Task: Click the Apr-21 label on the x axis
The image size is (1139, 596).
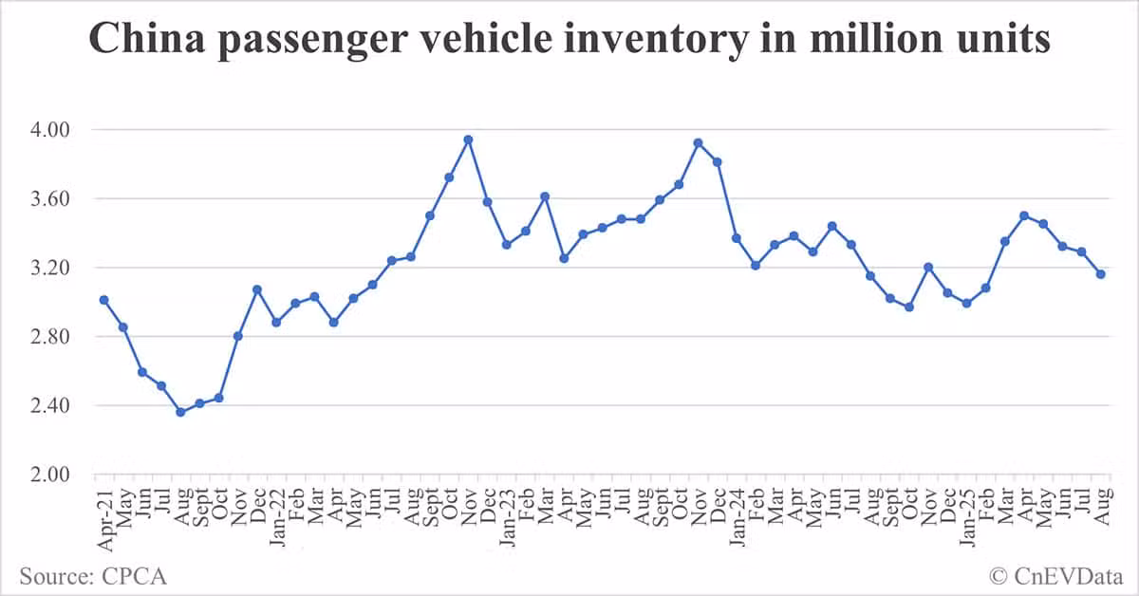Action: tap(105, 518)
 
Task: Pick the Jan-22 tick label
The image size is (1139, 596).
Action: tap(277, 518)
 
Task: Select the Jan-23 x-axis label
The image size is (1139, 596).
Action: tap(507, 518)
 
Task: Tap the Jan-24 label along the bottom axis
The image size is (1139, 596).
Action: tap(737, 518)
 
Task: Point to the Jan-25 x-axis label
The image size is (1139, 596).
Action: tap(966, 518)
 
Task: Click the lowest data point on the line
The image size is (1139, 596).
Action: tap(180, 412)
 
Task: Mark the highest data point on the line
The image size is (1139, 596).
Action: tap(468, 140)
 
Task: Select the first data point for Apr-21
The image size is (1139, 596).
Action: tap(104, 300)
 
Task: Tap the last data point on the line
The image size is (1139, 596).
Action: tap(1101, 274)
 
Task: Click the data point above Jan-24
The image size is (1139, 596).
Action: tap(737, 238)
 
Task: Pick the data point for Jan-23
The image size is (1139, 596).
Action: tap(507, 245)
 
